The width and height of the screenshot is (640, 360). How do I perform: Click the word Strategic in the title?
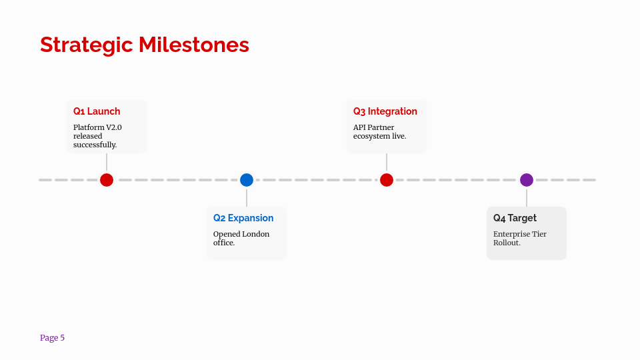point(87,45)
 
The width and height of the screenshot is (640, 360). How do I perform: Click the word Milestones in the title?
point(194,45)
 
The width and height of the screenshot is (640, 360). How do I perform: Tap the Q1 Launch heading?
point(97,111)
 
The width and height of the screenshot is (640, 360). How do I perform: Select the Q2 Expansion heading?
point(243,218)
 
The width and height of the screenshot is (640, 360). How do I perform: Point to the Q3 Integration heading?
point(385,111)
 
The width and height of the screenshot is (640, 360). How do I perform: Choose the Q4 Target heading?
point(515,218)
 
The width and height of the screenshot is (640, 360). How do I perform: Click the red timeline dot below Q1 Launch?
point(107,180)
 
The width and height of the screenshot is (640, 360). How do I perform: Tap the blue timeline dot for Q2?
point(247,180)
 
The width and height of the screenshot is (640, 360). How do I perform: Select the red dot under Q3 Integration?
point(387,180)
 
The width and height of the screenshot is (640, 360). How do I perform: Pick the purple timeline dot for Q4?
point(527,180)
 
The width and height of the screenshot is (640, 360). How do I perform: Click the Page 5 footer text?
point(52,338)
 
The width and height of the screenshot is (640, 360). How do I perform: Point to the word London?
point(255,234)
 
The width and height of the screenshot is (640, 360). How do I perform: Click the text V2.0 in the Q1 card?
point(114,127)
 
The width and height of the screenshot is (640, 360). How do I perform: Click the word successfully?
point(95,145)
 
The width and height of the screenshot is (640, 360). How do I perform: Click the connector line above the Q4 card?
point(527,197)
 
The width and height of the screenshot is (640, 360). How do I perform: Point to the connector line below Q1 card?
point(107,162)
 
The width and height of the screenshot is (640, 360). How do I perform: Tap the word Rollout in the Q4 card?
point(507,243)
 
